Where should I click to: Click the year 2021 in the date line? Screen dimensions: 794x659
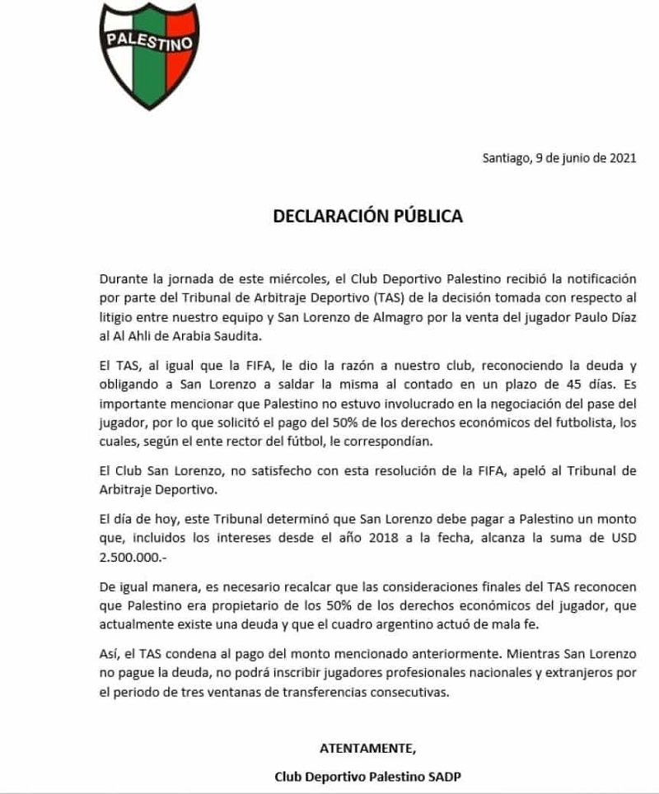point(621,160)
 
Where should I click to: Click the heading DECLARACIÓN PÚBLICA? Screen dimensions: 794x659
point(367,217)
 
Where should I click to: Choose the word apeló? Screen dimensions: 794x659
point(493,471)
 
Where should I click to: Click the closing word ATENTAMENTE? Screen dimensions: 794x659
point(367,748)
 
